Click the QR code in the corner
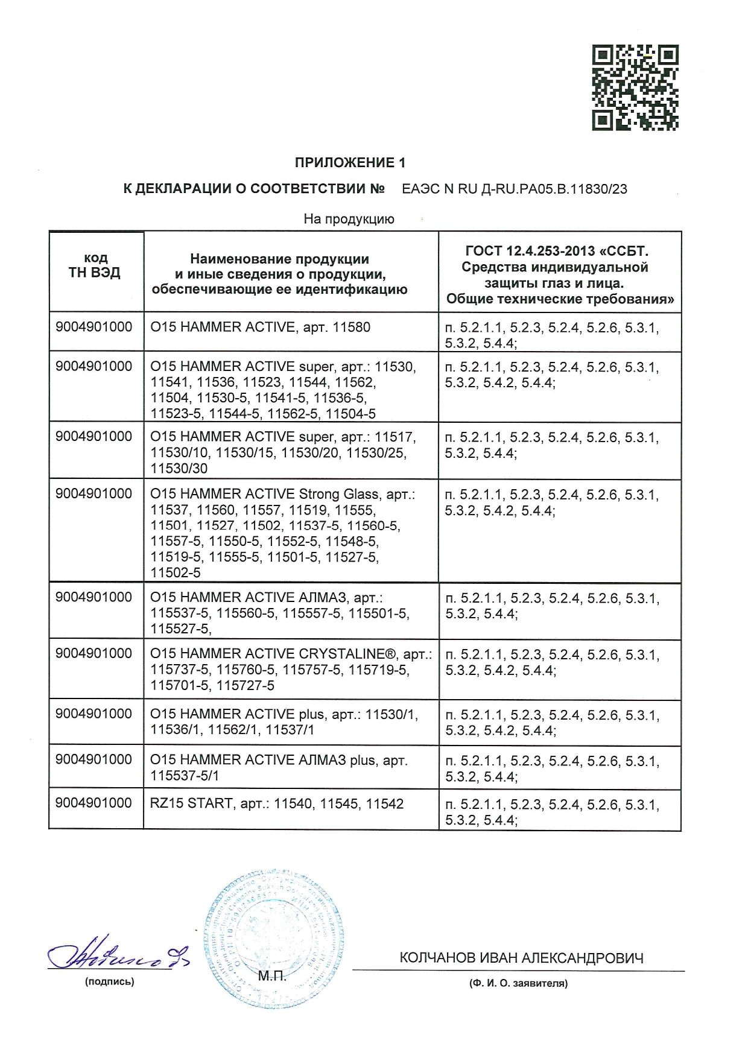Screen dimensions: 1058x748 (635, 87)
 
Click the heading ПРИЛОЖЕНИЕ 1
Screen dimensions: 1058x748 (350, 163)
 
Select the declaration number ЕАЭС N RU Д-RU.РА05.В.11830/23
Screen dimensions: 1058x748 (514, 189)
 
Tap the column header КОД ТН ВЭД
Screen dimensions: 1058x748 (95, 265)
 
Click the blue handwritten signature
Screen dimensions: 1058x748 (118, 954)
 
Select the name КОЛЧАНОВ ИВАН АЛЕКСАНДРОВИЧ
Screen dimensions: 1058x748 (521, 958)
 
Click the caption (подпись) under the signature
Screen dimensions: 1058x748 (110, 981)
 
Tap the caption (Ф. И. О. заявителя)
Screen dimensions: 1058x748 (519, 983)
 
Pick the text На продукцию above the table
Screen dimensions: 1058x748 (349, 219)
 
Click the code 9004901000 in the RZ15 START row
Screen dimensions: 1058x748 (93, 803)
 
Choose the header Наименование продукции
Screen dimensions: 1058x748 (279, 259)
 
